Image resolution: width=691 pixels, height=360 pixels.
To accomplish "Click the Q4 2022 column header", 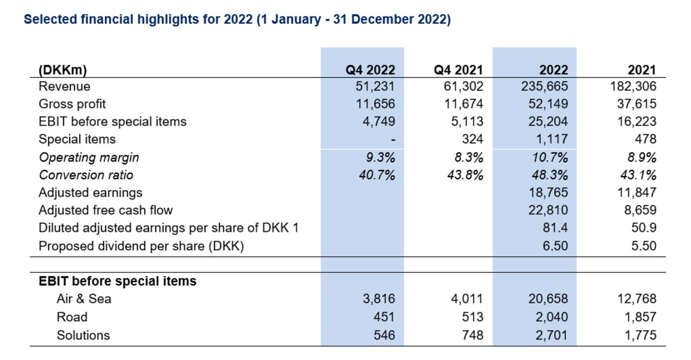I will click(371, 70).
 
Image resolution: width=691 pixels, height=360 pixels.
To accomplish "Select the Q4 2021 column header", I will click(459, 70).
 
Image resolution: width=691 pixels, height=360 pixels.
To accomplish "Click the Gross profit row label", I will click(72, 104).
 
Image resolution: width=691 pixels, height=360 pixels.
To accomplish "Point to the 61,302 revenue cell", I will click(463, 86).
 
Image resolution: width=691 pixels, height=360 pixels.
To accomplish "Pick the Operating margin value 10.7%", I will click(552, 157).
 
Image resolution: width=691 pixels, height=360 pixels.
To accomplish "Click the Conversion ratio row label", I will click(86, 175).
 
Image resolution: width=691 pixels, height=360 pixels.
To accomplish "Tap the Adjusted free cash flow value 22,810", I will click(549, 210).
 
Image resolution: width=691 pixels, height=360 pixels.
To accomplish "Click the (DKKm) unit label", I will click(63, 70).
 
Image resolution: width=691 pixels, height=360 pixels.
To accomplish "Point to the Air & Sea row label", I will click(83, 299).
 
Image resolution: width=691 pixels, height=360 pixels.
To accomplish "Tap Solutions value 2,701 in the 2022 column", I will click(552, 335).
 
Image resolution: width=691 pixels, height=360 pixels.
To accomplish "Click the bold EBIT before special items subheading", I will click(117, 281).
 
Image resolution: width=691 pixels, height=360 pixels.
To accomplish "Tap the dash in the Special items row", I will click(393, 140).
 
